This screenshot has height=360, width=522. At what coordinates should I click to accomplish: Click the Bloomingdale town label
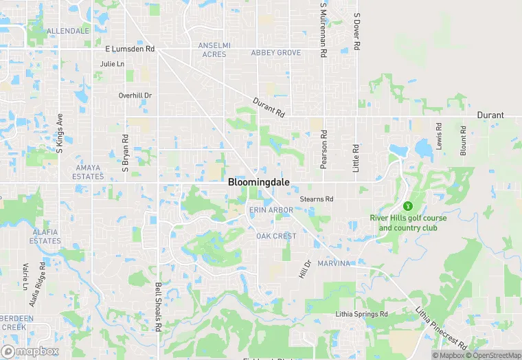(x=258, y=183)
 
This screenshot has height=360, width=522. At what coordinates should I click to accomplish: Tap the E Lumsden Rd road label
(x=130, y=49)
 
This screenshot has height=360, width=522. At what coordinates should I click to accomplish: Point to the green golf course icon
(x=408, y=205)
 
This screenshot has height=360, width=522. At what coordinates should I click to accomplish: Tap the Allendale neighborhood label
(x=68, y=32)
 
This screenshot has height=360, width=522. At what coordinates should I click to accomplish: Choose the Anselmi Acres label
(x=214, y=49)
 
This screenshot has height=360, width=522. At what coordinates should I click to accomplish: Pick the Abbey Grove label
(x=276, y=53)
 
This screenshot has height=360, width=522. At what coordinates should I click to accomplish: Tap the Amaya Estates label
(x=88, y=172)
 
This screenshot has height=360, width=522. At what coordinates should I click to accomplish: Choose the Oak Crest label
(x=276, y=236)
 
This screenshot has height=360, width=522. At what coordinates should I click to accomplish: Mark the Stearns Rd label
(x=317, y=199)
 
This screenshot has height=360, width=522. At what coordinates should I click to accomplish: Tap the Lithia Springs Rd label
(x=362, y=314)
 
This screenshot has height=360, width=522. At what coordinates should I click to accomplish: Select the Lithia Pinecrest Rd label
(x=442, y=327)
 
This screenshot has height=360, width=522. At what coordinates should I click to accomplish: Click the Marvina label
(x=334, y=263)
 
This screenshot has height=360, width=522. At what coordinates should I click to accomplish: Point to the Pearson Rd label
(x=323, y=150)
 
